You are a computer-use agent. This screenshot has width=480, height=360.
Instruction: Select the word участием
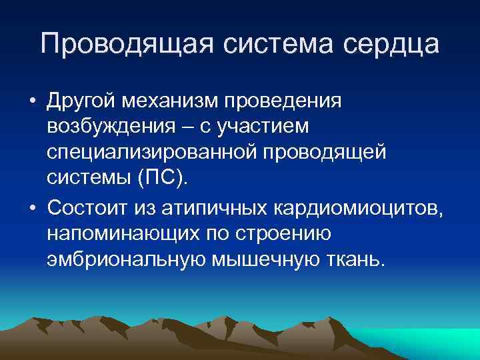click(263, 125)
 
